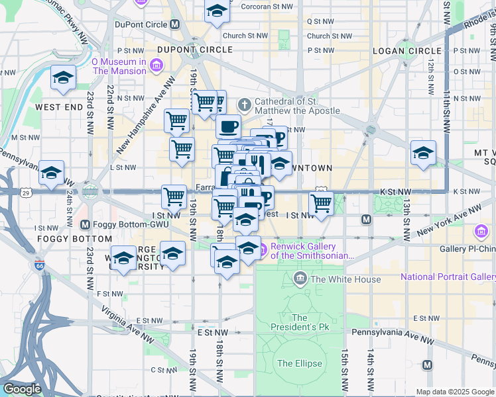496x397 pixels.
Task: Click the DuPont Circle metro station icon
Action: click(x=175, y=24)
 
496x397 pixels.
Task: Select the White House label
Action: click(x=345, y=279)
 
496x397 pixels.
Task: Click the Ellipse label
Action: click(x=300, y=363)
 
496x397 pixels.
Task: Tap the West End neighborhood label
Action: click(x=58, y=107)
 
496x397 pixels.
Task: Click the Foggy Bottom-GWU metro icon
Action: click(x=84, y=226)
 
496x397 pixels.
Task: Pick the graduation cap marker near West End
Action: click(x=64, y=78)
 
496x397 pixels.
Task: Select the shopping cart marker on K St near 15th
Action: click(x=321, y=203)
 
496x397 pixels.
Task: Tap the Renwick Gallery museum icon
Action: click(x=263, y=249)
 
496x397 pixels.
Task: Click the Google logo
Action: click(x=21, y=389)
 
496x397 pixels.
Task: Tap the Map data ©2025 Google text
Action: click(x=454, y=392)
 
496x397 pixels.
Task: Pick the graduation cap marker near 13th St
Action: click(x=423, y=152)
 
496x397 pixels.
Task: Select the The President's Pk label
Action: click(x=300, y=322)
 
